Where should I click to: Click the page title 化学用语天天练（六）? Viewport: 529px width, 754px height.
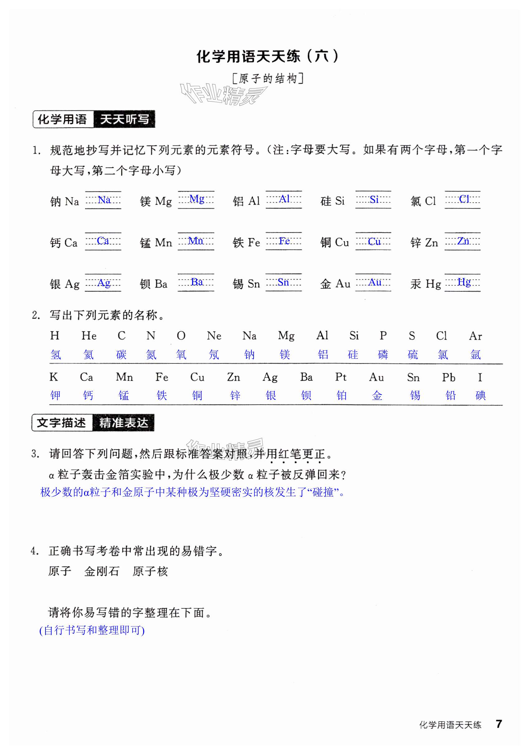(x=267, y=56)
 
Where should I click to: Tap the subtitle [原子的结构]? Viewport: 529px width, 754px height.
(x=267, y=79)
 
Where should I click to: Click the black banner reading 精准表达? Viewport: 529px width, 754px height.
(x=123, y=423)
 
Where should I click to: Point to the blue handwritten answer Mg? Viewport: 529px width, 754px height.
(x=197, y=199)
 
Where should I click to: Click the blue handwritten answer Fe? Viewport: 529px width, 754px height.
(x=284, y=241)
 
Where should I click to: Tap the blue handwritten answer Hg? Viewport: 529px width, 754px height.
(x=464, y=282)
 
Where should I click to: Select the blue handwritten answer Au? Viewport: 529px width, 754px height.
(x=374, y=282)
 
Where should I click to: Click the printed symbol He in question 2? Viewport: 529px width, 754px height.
(x=88, y=336)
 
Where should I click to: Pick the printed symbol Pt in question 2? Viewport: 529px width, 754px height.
(x=341, y=377)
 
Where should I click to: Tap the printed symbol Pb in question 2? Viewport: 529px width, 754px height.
(x=448, y=377)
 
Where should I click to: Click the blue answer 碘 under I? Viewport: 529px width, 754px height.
(x=480, y=395)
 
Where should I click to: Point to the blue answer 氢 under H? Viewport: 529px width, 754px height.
(x=56, y=355)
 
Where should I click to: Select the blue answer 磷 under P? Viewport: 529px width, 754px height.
(x=383, y=355)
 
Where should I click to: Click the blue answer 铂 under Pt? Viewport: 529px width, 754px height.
(x=342, y=395)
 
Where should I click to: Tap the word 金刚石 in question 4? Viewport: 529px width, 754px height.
(x=102, y=571)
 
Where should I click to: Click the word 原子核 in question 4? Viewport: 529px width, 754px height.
(x=150, y=571)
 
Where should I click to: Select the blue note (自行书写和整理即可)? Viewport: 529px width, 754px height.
(x=92, y=630)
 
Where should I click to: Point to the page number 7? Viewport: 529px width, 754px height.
(x=498, y=724)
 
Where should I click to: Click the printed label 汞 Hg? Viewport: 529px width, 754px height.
(x=425, y=284)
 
